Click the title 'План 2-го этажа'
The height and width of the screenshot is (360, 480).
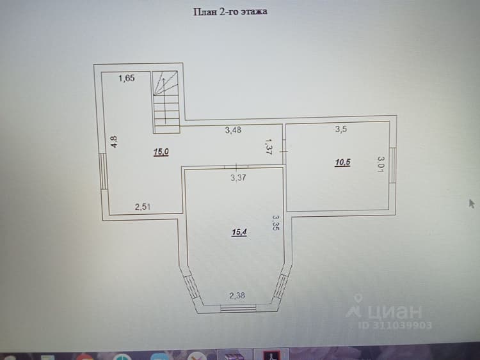coord(230,12)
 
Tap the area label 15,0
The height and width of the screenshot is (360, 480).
coord(161,152)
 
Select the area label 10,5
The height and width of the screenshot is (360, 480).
coord(342,162)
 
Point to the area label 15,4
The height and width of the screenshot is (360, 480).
coord(239,232)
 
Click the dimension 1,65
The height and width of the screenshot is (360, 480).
coord(127,78)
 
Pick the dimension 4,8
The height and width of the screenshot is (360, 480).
coord(114,142)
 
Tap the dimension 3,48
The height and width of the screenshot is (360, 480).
coord(233,130)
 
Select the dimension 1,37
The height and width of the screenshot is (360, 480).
coord(269,146)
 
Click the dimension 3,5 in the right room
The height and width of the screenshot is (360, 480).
coord(340,129)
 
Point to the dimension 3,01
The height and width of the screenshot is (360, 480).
coord(381,164)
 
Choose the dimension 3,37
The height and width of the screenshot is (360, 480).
coord(238,177)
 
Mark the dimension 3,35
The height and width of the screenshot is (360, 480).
coord(276,222)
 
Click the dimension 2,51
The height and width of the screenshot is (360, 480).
coord(143,207)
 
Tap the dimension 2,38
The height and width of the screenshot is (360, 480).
coord(237,295)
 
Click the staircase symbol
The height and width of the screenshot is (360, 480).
coord(166,102)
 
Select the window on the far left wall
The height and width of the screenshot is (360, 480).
coord(104,171)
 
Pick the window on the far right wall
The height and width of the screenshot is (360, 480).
coord(392,166)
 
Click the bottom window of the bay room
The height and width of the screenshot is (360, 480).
coord(239,308)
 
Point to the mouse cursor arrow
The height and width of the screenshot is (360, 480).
coord(472,204)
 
